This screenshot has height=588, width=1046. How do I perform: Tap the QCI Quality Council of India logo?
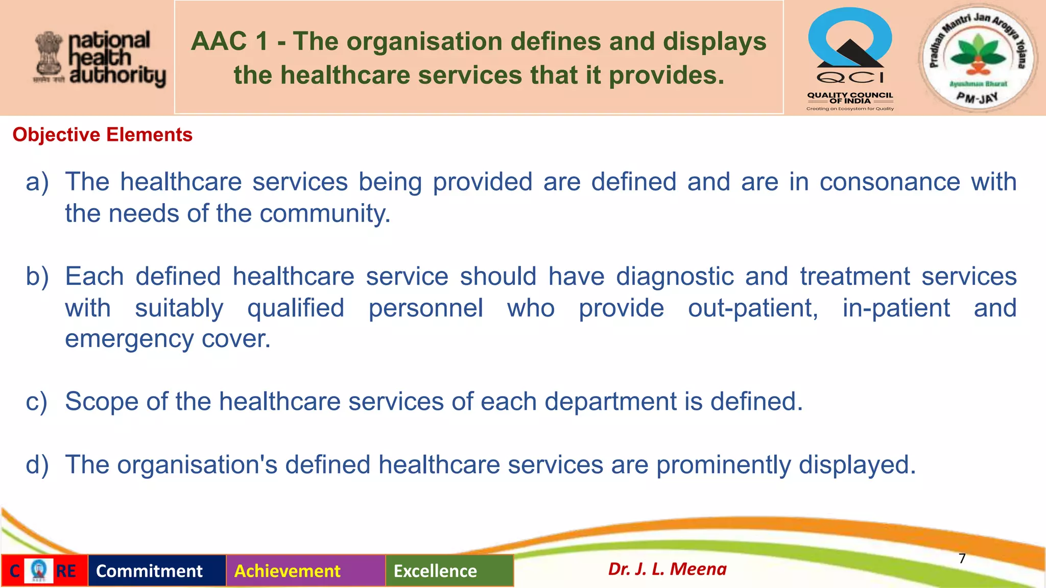click(x=850, y=59)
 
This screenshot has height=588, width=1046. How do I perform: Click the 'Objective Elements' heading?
click(x=102, y=135)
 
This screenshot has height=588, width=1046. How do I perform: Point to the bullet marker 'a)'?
click(x=37, y=182)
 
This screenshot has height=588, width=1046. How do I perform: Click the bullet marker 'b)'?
click(x=37, y=277)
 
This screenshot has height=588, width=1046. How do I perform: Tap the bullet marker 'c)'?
click(x=36, y=402)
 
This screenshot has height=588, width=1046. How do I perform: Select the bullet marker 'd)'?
click(x=37, y=465)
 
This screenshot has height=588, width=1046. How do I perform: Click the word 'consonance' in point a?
click(x=890, y=182)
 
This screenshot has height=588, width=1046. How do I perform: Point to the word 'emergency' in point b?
click(x=129, y=339)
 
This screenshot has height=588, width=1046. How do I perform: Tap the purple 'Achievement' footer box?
click(x=305, y=571)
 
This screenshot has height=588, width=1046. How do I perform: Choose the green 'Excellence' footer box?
click(x=449, y=571)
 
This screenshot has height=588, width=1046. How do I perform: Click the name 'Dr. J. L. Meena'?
click(x=667, y=569)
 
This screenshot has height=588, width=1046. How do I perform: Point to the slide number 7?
click(x=962, y=558)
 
